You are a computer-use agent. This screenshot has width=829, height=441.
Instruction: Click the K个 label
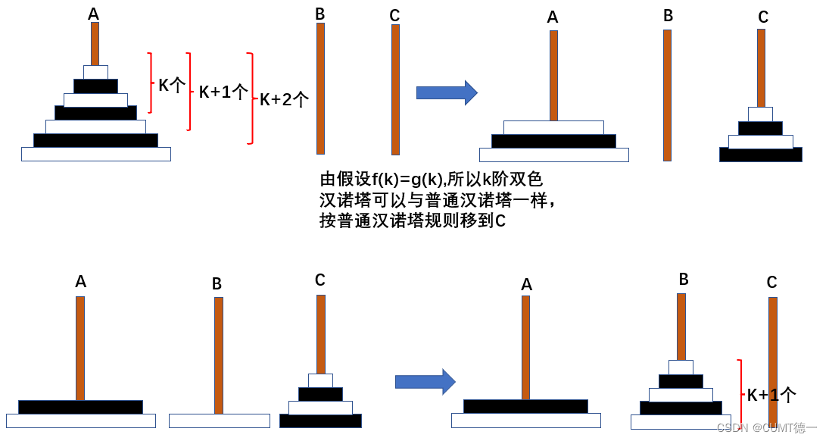[x=171, y=85]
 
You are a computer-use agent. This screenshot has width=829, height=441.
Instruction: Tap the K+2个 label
[x=284, y=99]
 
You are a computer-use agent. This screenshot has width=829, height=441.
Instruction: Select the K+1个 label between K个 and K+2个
[x=223, y=92]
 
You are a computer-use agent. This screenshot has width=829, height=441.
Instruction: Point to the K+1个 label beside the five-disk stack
[x=771, y=395]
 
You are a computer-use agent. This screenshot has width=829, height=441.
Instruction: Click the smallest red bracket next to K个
[x=151, y=83]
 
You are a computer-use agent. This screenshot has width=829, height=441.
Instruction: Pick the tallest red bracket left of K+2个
[x=251, y=99]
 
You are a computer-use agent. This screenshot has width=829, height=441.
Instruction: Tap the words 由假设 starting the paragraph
[x=338, y=180]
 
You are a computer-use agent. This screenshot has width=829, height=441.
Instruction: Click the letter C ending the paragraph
[x=500, y=221]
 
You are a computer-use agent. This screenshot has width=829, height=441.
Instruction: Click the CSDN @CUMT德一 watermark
[x=766, y=428]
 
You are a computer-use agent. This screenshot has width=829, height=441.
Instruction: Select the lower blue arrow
[x=425, y=381]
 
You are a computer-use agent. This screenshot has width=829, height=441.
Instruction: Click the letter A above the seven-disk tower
[x=93, y=14]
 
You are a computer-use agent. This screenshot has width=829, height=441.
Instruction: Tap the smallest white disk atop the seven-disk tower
[x=95, y=72]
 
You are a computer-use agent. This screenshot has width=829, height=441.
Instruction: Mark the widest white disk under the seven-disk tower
[x=96, y=154]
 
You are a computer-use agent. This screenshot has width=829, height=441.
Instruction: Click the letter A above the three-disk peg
[x=553, y=17]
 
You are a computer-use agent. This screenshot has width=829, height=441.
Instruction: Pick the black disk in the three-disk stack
[x=553, y=141]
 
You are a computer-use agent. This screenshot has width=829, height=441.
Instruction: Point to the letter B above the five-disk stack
[x=684, y=280]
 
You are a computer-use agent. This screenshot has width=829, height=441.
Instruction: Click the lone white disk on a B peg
[x=219, y=421]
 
